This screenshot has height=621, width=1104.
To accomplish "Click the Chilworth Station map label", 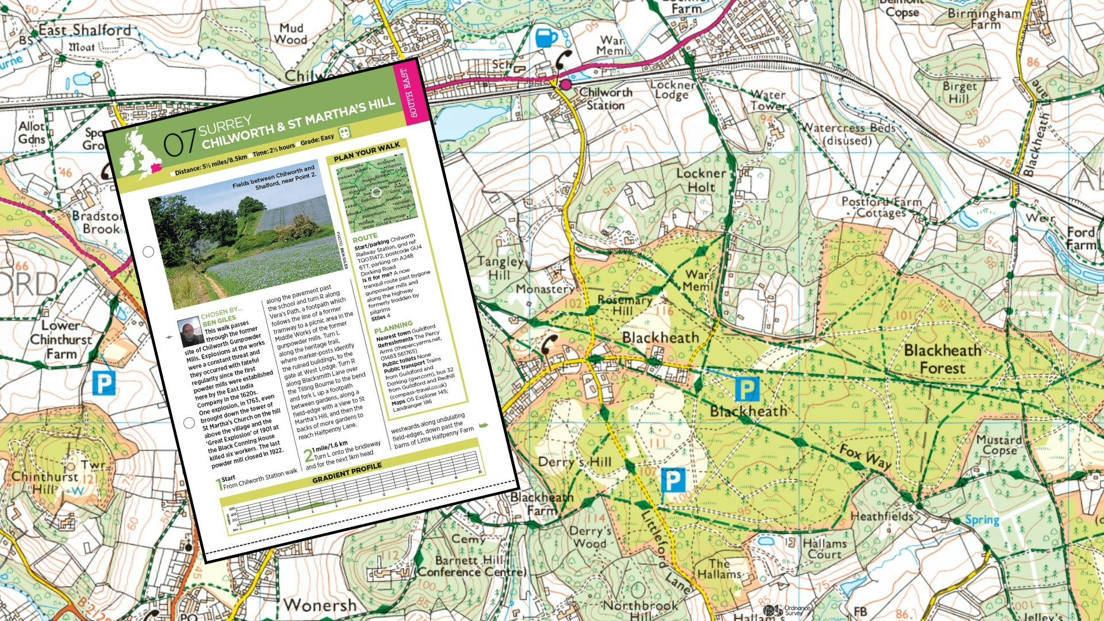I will [x=605, y=99].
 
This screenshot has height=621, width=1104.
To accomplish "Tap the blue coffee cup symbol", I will [x=546, y=38].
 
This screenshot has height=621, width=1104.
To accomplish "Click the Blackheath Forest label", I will [x=942, y=359].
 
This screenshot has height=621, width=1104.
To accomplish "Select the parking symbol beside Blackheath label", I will [x=747, y=389].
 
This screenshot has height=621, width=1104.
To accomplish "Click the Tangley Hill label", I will [x=500, y=268].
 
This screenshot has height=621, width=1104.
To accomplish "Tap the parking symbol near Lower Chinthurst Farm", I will [x=104, y=383].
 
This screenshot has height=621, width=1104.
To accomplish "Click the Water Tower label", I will [x=768, y=100].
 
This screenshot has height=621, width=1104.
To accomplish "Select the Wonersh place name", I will [x=320, y=605].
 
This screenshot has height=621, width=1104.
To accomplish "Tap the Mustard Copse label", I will [x=999, y=445].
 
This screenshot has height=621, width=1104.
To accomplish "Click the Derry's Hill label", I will [x=574, y=462].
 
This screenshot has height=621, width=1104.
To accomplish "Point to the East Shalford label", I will [x=85, y=30].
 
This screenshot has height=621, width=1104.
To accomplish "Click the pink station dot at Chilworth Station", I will [x=566, y=85].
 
